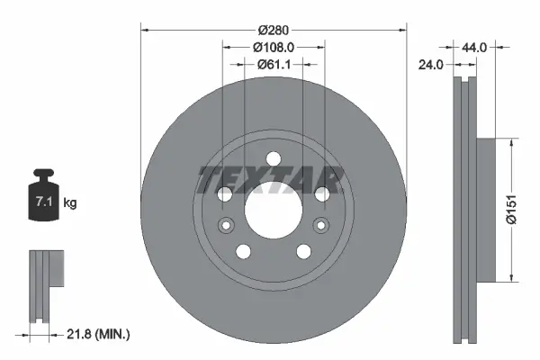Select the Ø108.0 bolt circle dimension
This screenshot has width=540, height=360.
click(274, 46)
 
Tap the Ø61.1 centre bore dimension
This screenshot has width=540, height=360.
click(274, 64)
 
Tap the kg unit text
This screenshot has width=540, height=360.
click(70, 204)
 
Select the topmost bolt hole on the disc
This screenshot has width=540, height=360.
click(273, 160)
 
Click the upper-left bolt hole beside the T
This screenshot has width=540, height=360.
click(224, 194)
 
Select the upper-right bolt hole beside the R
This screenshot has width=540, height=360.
click(321, 194)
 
